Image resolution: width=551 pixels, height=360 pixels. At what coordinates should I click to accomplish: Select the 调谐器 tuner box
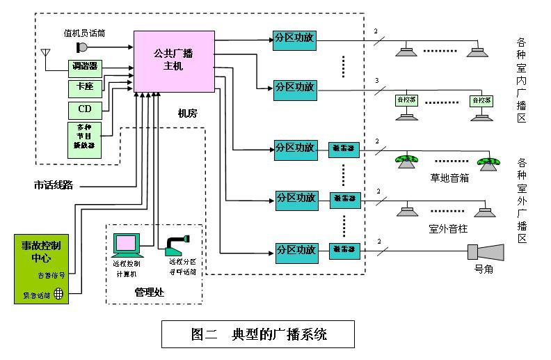pos(85,68)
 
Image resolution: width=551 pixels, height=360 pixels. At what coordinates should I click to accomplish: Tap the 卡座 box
pos(85,88)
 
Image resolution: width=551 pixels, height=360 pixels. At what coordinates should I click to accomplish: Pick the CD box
pos(85,109)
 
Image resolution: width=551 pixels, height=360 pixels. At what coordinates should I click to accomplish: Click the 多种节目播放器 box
pos(85,139)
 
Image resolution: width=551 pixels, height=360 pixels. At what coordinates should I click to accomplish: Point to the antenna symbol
pos(46,54)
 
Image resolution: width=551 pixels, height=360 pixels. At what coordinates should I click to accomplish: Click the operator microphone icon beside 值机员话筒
pos(81,47)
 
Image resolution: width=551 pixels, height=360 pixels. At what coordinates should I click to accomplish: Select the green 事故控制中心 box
pos(42,269)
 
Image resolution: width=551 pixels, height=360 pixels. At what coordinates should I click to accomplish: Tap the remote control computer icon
pos(127,246)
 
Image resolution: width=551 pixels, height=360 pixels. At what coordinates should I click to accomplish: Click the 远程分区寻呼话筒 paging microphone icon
pos(177,244)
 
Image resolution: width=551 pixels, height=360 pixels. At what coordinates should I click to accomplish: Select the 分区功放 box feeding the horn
pos(296,249)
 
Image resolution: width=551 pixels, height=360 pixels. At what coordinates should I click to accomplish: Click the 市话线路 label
pos(54,185)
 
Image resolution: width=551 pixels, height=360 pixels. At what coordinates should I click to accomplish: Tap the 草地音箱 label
pos(449,178)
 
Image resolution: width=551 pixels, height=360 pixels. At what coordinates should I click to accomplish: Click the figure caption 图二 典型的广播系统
pos(258,334)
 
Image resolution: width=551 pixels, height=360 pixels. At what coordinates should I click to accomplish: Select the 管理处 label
pos(148,290)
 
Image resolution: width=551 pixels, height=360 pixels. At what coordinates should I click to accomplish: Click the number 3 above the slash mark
pos(376,81)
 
